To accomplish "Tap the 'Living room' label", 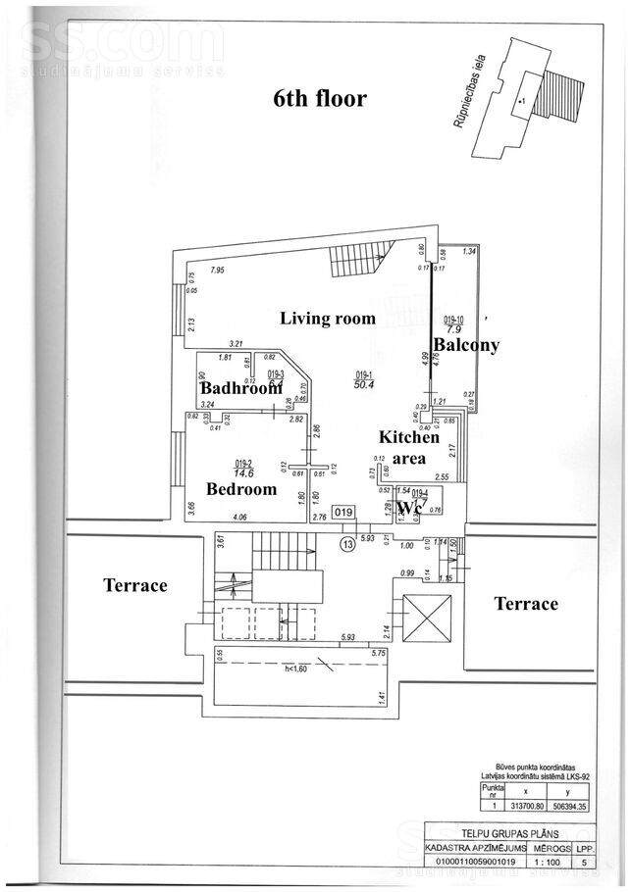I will tap(328, 318).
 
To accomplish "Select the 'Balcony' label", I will tap(466, 345).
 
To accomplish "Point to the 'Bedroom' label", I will tap(241, 488).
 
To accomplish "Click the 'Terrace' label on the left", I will tap(135, 585).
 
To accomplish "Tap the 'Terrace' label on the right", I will tap(526, 604).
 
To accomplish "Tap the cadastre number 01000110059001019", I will tap(475, 864).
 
